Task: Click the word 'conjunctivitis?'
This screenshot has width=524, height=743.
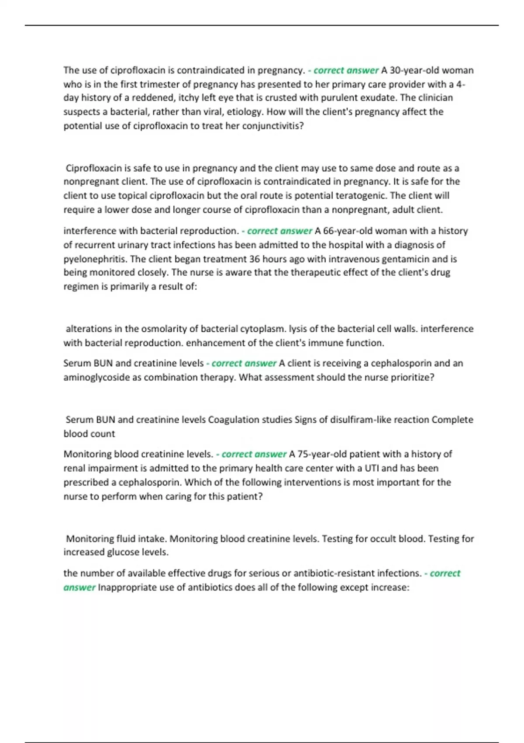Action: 273,126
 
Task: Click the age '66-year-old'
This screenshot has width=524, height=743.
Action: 347,231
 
